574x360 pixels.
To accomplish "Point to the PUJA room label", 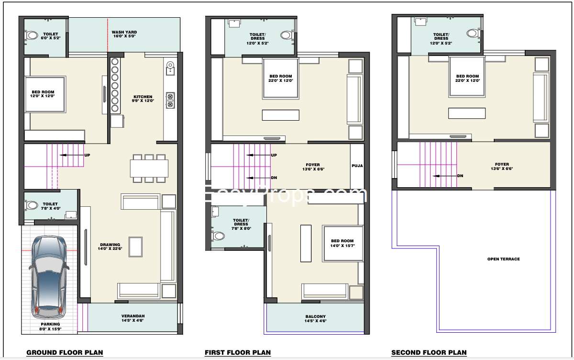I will [x=357, y=166].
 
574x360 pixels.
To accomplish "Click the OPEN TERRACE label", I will [x=503, y=259].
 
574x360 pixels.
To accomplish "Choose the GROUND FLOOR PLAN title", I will [x=65, y=353].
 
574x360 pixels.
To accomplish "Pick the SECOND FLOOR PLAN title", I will [x=429, y=353].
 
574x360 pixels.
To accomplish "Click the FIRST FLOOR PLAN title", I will [x=238, y=353].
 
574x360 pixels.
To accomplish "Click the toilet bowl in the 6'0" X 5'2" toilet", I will [x=32, y=35].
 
